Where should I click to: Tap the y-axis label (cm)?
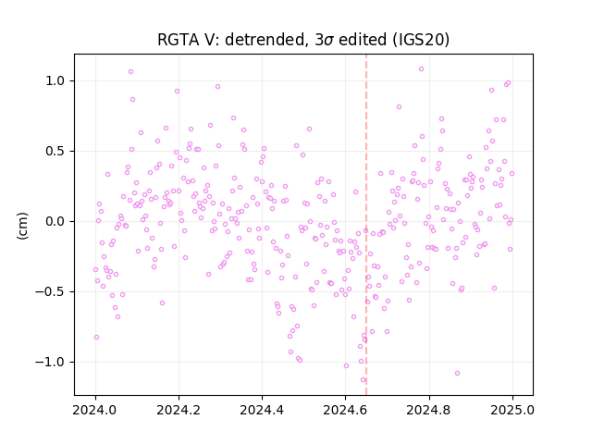coord(22,226)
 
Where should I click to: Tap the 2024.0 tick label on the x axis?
coord(95,410)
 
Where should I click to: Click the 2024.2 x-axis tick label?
coord(179,410)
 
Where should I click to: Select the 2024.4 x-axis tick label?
coord(262,410)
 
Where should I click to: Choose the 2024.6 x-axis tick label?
coord(345,410)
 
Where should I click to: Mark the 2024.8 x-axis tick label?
coord(429,410)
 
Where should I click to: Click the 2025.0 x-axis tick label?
coord(512,410)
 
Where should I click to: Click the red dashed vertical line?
coord(366,225)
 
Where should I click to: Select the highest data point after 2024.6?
coord(422,69)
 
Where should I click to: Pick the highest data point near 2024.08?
coord(130,72)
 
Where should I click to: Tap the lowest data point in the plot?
coord(363,380)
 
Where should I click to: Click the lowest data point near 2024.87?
coord(457,374)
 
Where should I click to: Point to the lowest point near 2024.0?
coord(96,337)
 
